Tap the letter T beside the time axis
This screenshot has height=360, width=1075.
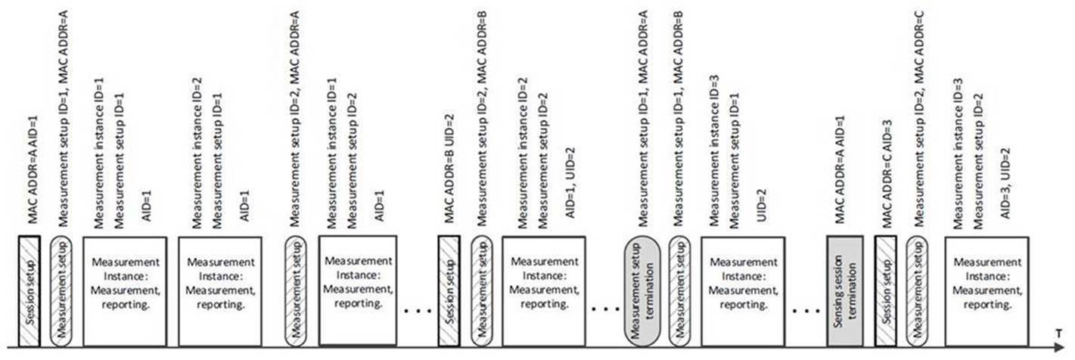tap(1061, 333)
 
